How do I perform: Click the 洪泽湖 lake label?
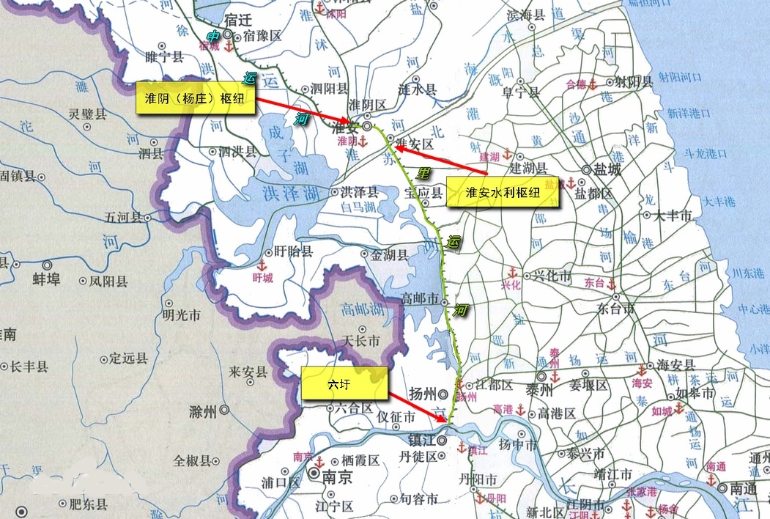tap(290, 194)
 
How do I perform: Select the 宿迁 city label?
tap(244, 21)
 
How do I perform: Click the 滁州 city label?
tap(202, 412)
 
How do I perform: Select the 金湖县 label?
tap(389, 255)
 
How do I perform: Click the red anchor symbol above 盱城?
tap(262, 265)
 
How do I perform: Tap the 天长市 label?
tap(362, 341)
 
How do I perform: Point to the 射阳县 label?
tap(634, 82)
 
